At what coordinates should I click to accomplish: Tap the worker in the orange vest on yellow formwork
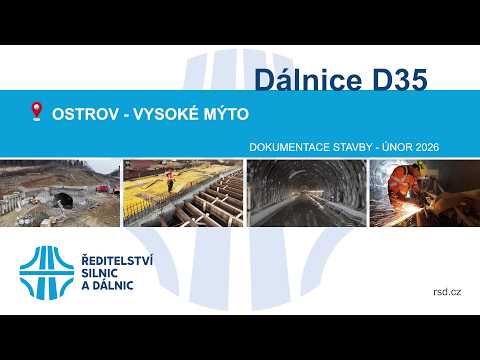point(170,180)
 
